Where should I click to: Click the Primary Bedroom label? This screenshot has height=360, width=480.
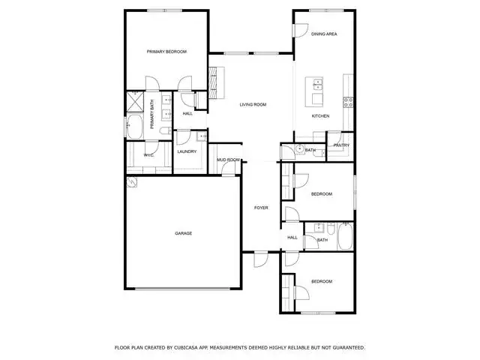point(166,52)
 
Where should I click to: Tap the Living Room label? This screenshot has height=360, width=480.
point(253,105)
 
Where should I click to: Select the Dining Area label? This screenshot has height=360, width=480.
point(324,34)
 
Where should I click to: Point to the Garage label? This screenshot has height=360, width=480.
point(183,233)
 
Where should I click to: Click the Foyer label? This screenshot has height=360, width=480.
point(261,208)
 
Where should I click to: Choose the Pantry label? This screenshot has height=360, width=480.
point(341,145)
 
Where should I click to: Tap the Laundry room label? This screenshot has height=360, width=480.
point(187,151)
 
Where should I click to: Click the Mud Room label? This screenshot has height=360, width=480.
point(228,160)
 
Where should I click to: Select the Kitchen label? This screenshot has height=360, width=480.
point(320,116)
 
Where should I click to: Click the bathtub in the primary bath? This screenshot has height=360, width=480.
point(135,127)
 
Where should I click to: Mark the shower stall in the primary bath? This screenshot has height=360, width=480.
point(135,102)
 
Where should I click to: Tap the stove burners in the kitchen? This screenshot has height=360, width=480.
point(348,102)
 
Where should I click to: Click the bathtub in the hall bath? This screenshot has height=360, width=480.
point(345,236)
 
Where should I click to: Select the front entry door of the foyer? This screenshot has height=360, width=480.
point(261,259)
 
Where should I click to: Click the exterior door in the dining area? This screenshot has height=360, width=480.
point(300,31)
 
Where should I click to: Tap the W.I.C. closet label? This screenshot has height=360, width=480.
point(148,155)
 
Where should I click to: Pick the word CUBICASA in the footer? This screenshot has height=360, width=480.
point(186,348)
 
